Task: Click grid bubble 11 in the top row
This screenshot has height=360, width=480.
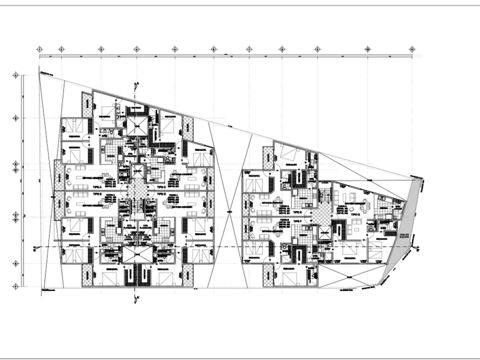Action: pyautogui.click(x=412, y=49)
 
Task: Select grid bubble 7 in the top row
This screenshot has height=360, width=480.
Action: pyautogui.click(x=250, y=49)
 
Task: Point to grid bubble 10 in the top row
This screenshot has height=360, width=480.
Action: pyautogui.click(x=367, y=49)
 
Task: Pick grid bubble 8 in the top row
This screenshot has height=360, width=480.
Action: pyautogui.click(x=282, y=49)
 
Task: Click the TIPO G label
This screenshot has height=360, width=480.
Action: pyautogui.click(x=356, y=214)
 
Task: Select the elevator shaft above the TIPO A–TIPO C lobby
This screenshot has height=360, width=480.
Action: pyautogui.click(x=137, y=170)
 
